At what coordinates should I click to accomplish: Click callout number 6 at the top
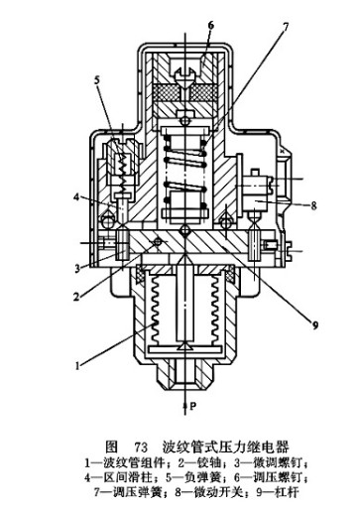(x=210, y=26)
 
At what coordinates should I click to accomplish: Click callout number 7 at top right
(x=286, y=27)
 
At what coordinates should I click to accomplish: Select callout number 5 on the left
(x=97, y=80)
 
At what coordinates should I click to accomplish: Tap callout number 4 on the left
(x=76, y=197)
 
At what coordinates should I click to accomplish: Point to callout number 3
(x=76, y=268)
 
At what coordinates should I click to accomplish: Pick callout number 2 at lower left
(x=76, y=297)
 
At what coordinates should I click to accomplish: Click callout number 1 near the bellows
(x=77, y=366)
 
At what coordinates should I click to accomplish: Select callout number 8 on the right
(x=313, y=205)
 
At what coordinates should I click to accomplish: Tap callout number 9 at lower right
(x=315, y=325)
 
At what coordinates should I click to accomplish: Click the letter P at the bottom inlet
(x=193, y=406)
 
